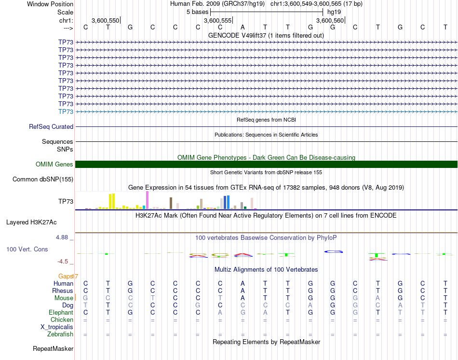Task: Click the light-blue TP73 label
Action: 66,111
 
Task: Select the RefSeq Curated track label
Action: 51,126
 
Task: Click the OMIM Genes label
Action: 54,165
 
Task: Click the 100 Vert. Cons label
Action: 27,249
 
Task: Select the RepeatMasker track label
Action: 53,348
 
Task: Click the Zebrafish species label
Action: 60,334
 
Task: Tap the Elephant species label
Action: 60,312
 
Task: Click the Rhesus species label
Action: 62,291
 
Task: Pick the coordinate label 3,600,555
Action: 216,21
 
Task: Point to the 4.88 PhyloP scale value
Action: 63,237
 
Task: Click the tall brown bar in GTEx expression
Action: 171,203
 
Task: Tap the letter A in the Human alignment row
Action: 243,283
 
